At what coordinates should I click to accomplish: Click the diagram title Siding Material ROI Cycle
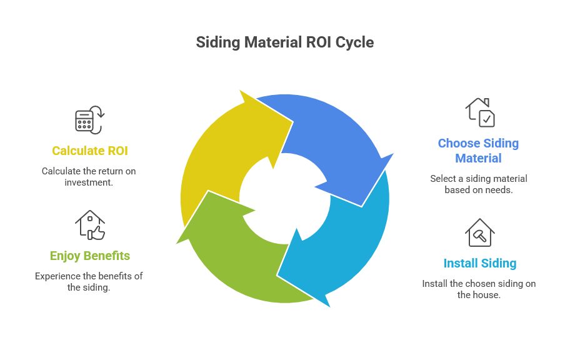284,42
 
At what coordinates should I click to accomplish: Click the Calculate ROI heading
89,151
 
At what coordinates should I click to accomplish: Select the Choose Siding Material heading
478,151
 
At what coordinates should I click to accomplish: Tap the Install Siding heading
479,263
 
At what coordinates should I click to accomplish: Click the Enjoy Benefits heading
89,256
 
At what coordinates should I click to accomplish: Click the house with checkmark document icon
479,112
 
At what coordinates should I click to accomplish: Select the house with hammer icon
479,232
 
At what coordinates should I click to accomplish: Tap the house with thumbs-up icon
89,225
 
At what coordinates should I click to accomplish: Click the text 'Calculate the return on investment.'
89,176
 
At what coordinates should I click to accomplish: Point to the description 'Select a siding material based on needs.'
479,184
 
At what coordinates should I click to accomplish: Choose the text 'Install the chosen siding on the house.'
479,289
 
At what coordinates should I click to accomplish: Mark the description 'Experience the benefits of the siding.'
89,281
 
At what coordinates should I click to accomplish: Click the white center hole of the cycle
284,199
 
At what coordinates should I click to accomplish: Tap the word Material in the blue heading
478,158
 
